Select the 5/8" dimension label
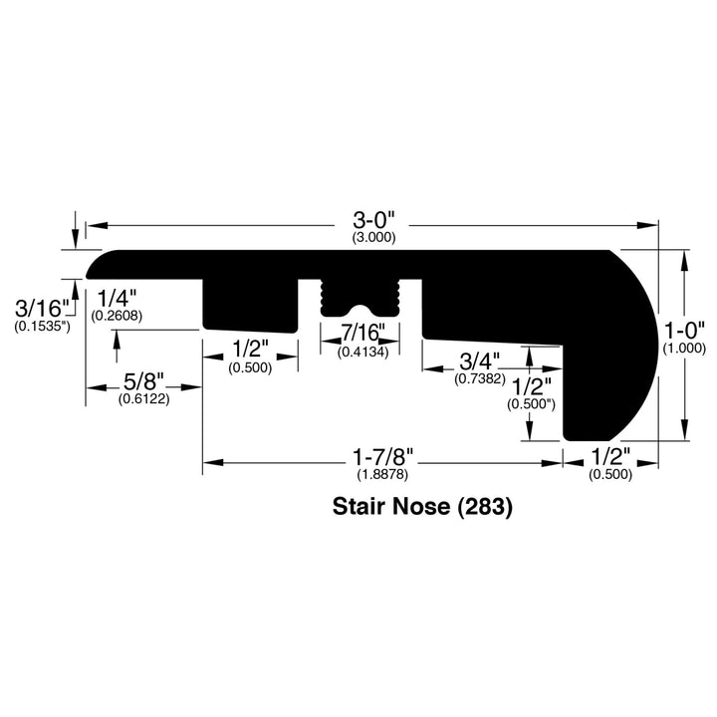coord(144,381)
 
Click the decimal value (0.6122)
coord(144,399)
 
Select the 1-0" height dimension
coord(684,330)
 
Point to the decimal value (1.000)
coord(684,349)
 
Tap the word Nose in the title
coord(422,507)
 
